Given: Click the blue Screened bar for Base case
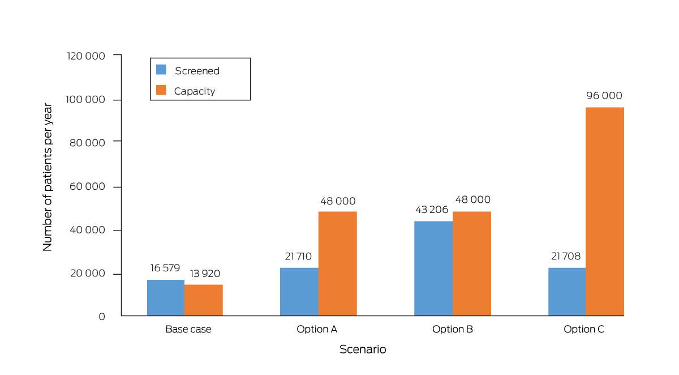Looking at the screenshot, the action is (x=166, y=297).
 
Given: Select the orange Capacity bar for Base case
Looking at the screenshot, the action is (x=203, y=300).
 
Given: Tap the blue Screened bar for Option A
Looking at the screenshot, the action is (x=299, y=292).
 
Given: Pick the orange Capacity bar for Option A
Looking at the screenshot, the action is (x=338, y=263).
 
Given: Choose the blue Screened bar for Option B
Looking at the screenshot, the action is (x=433, y=269).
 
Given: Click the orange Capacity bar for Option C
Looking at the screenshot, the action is (x=605, y=211).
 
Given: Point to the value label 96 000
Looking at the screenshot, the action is (x=604, y=96).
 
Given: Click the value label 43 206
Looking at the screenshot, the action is (x=432, y=210).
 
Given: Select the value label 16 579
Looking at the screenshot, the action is (x=165, y=268).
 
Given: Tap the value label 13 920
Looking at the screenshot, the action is (x=205, y=274).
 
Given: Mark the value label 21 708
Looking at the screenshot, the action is (x=566, y=257).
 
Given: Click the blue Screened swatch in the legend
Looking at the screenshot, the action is (x=161, y=70).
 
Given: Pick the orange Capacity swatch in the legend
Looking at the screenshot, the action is (x=161, y=90).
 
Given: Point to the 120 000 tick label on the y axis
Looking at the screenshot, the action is (x=86, y=56).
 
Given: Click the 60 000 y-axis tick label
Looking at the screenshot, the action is (x=87, y=186).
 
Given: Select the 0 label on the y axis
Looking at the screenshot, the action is (x=102, y=317).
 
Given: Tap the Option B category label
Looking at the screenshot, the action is (x=453, y=329).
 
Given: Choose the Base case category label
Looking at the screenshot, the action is (x=188, y=329).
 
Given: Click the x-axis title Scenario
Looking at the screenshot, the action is (x=363, y=349).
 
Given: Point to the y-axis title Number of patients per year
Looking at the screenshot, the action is (x=48, y=177).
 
